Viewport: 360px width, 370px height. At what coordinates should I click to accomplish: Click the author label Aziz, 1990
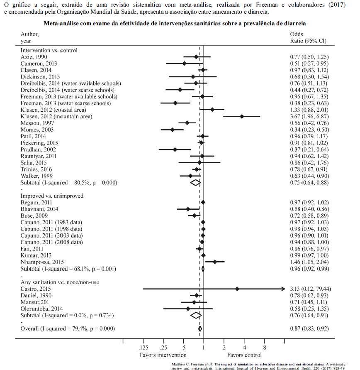click(34, 57)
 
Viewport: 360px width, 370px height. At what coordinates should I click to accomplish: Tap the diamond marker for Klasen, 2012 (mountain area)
click(242, 117)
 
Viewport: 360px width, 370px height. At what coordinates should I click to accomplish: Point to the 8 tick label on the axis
click(265, 348)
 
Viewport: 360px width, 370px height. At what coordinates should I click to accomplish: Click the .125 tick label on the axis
click(143, 348)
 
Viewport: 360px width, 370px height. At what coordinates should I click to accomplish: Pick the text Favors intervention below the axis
click(163, 355)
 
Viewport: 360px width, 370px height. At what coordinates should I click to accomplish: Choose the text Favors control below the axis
click(244, 355)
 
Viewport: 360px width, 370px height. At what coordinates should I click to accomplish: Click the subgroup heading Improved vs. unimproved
click(52, 196)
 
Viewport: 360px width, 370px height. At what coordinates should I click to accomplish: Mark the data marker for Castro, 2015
click(237, 289)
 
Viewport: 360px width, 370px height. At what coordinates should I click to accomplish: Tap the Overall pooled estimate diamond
click(200, 328)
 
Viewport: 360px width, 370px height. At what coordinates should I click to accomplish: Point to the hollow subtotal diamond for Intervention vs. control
click(195, 182)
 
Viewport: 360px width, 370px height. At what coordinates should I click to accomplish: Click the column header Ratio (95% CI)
click(308, 41)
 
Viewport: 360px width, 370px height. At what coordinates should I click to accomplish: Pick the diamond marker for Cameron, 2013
click(184, 64)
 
